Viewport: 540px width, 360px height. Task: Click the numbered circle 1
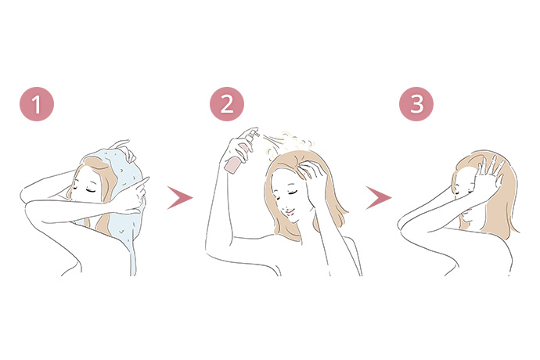click(x=37, y=103)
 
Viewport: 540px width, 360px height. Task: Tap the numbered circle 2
click(x=227, y=103)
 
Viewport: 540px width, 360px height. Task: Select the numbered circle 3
click(x=416, y=103)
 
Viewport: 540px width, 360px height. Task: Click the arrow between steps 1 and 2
click(x=179, y=198)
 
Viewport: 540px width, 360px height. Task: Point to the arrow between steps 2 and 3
click(x=378, y=198)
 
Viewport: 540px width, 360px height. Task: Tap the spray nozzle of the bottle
click(x=254, y=132)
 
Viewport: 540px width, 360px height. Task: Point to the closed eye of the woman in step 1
click(x=91, y=190)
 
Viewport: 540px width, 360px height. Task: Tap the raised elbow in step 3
click(x=404, y=223)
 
